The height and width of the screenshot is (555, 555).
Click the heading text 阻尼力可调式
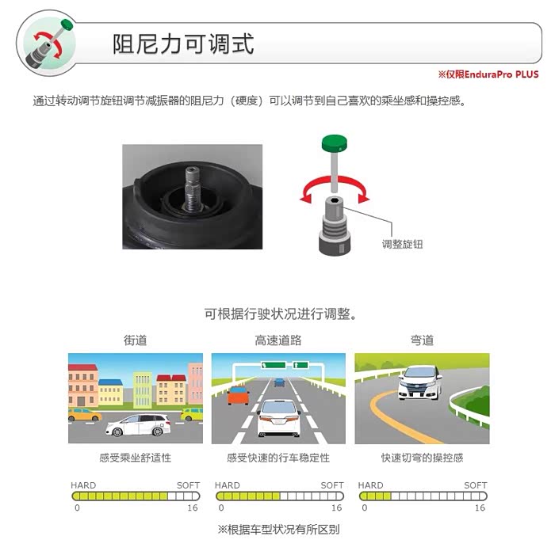click(x=183, y=44)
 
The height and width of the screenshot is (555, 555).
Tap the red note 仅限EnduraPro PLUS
click(x=492, y=74)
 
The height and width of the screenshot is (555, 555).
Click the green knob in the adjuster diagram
click(x=335, y=143)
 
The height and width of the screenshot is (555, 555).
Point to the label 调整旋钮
click(x=402, y=244)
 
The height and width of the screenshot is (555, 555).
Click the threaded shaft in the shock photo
click(x=193, y=189)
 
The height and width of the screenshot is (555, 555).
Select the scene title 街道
click(x=135, y=340)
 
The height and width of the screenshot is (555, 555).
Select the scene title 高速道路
click(x=278, y=340)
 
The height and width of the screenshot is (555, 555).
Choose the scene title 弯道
click(x=422, y=340)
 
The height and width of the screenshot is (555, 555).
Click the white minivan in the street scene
click(x=138, y=425)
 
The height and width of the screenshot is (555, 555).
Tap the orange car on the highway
click(x=238, y=395)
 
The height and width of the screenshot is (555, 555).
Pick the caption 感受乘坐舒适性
click(x=135, y=458)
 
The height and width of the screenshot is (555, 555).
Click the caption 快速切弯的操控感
click(x=422, y=458)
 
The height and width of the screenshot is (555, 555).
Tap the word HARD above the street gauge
click(x=83, y=485)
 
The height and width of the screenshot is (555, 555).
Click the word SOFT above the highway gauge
click(x=332, y=485)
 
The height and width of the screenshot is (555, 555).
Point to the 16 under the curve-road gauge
click(x=480, y=508)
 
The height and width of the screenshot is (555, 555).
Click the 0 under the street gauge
click(x=77, y=508)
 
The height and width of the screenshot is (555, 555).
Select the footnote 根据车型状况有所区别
click(x=283, y=530)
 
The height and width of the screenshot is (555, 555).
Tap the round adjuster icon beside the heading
click(x=46, y=44)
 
